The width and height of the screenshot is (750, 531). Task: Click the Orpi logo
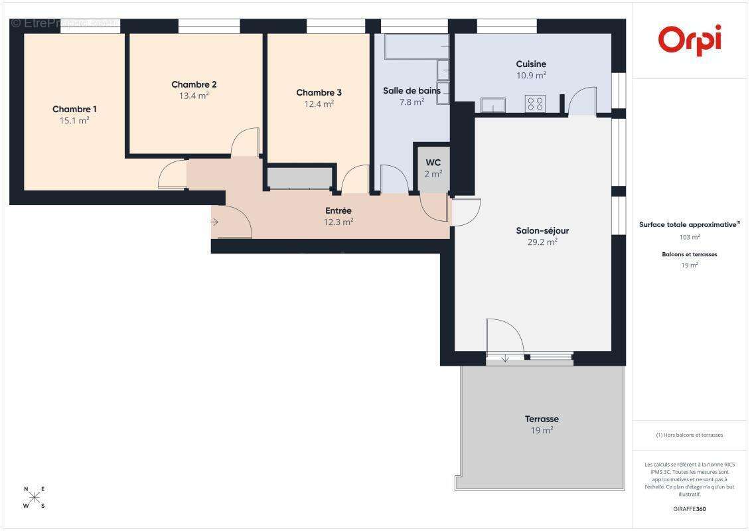(690, 40)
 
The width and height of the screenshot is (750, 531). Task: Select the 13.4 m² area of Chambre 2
(194, 95)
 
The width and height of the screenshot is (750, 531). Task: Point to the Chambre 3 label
(319, 93)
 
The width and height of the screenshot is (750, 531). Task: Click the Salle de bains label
(412, 91)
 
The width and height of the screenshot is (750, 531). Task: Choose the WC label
(433, 163)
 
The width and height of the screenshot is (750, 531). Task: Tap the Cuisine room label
(531, 64)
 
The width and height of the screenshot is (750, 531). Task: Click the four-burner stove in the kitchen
(535, 104)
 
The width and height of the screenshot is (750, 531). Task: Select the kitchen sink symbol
(492, 105)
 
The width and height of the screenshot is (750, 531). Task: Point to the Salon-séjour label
(542, 231)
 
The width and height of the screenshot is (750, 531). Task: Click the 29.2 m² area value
(542, 242)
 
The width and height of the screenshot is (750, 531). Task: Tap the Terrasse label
(542, 419)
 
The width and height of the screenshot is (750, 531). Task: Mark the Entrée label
(338, 211)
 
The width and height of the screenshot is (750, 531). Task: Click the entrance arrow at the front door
(215, 222)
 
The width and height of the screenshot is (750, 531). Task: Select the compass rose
(35, 497)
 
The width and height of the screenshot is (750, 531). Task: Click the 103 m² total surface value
(690, 237)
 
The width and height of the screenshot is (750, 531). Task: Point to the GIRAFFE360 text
(690, 509)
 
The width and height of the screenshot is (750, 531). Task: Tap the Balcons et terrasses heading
(690, 254)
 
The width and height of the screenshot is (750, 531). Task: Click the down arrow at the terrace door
(505, 358)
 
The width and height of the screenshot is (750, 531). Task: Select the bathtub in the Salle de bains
(412, 46)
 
